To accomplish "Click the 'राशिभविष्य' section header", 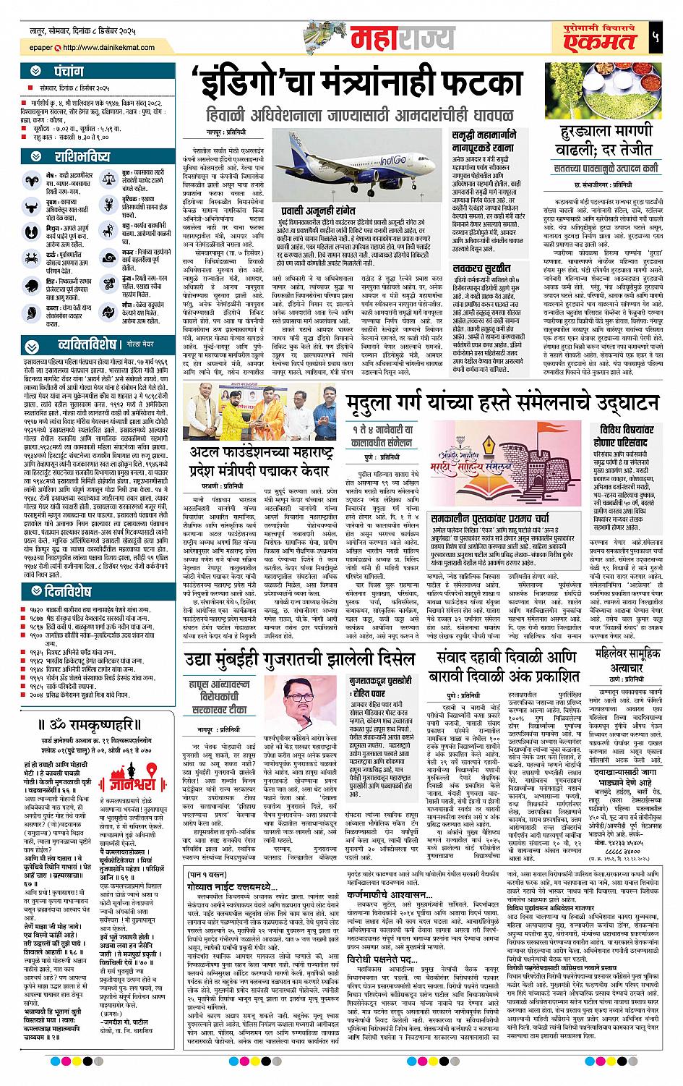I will coord(82,157).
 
